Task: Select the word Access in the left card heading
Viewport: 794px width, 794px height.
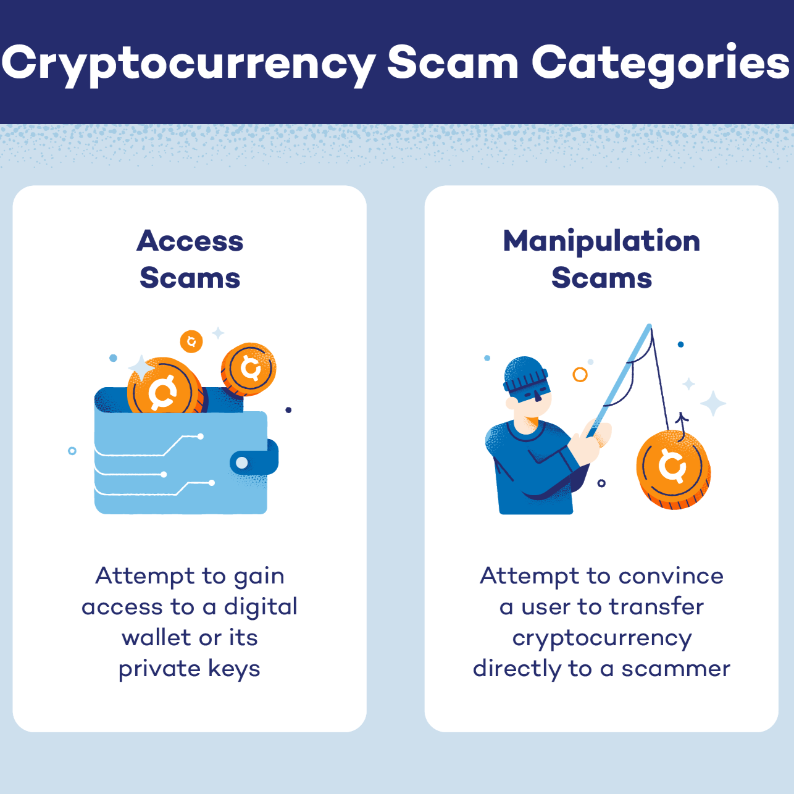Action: click(x=190, y=241)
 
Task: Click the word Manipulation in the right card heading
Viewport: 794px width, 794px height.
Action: click(x=601, y=241)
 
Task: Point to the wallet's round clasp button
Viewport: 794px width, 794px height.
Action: click(x=242, y=462)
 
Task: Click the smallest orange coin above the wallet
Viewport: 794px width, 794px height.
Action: click(x=191, y=341)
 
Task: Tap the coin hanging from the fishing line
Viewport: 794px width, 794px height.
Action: click(x=673, y=470)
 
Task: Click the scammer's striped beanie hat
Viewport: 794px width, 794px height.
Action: click(x=525, y=374)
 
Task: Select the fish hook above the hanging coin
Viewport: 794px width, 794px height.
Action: click(x=681, y=424)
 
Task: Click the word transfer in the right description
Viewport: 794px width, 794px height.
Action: click(x=656, y=606)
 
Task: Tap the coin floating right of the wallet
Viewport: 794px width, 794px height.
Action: click(x=248, y=369)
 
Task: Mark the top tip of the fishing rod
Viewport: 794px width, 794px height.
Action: click(x=650, y=325)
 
